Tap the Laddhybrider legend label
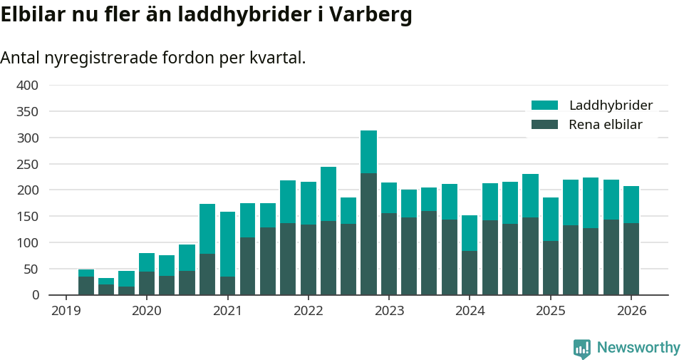611,106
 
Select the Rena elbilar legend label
606,125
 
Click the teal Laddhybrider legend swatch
544,106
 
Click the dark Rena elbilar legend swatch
544,125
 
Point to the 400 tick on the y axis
27,86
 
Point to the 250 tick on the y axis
27,164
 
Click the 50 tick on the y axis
30,269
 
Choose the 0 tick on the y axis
33,295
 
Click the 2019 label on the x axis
66,311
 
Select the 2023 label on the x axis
389,311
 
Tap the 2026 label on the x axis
631,311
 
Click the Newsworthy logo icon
581,348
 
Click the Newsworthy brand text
638,348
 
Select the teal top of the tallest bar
368,151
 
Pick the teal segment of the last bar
631,205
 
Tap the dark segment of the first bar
86,286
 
